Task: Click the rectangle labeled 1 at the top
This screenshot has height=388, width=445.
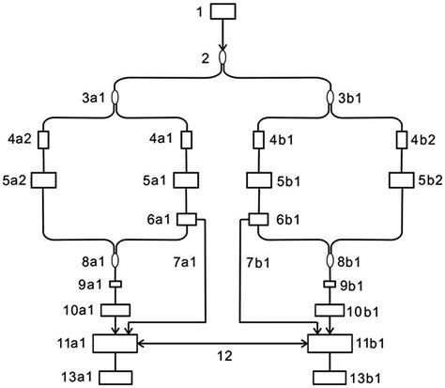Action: click(223, 12)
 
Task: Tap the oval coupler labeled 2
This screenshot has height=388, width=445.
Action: click(223, 58)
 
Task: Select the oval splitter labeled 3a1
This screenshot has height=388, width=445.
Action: click(115, 98)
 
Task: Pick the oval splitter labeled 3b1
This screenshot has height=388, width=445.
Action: click(330, 98)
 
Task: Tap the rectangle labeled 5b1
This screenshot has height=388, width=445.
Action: click(259, 178)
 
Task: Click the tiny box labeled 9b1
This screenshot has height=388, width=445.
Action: click(330, 285)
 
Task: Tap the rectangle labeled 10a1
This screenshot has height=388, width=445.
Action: click(115, 309)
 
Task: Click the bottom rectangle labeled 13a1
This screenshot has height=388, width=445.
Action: click(115, 378)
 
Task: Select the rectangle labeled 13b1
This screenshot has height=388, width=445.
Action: click(330, 378)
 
